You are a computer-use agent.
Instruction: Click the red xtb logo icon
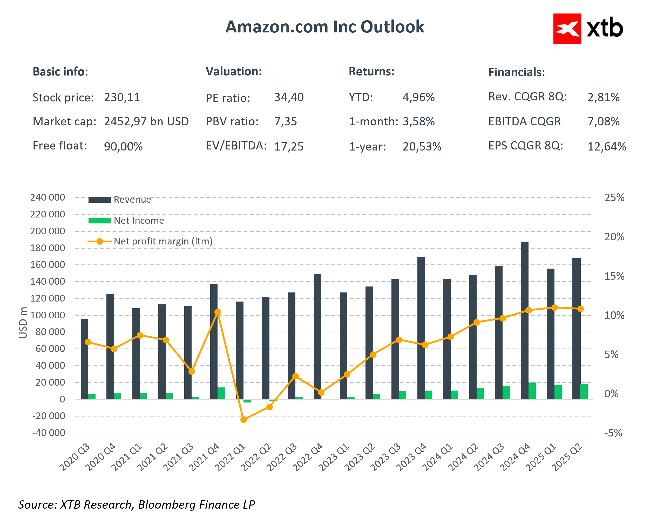tap(567, 29)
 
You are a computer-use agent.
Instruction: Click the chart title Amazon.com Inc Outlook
tap(324, 27)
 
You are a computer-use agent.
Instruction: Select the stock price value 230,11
tap(122, 97)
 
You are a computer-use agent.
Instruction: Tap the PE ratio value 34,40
tap(288, 97)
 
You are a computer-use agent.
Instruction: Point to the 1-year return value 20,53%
tap(422, 146)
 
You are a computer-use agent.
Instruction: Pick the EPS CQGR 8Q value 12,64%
tap(606, 146)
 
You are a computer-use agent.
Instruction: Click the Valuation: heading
tap(234, 71)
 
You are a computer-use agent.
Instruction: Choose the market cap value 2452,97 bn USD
tap(146, 121)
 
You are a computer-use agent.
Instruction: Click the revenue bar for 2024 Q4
tap(524, 319)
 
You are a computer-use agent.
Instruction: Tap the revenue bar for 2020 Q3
tap(84, 359)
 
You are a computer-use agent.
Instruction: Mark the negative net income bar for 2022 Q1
tap(247, 401)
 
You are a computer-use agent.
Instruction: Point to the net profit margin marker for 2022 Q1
tap(243, 420)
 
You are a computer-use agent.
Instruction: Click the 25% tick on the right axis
tap(614, 198)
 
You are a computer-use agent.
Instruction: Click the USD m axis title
tap(23, 323)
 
